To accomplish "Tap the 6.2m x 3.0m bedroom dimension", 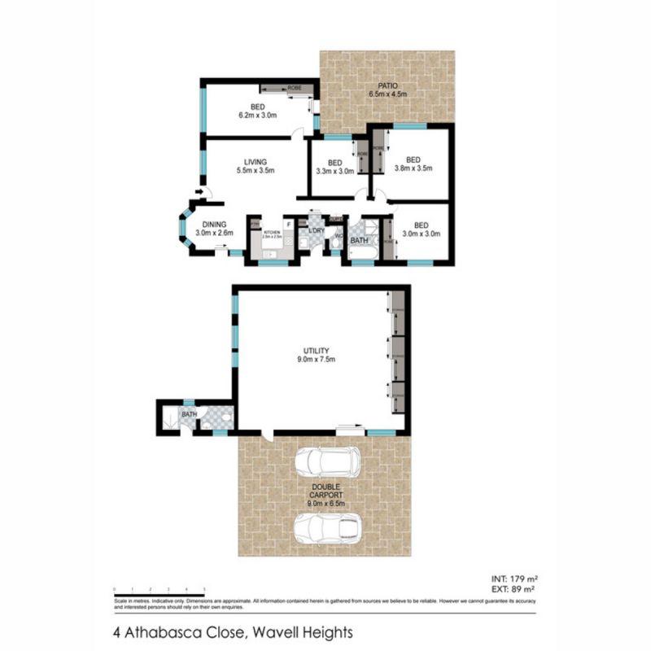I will (x=257, y=116).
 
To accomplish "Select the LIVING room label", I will (x=255, y=162).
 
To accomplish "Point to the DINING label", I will (x=215, y=224).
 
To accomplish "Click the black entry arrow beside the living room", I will (x=199, y=192).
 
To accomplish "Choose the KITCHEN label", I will (x=271, y=233).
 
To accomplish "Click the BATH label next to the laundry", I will (x=359, y=241).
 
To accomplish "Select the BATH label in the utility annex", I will (x=189, y=415).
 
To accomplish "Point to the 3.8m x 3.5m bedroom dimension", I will (x=413, y=169).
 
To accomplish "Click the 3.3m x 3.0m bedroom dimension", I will (x=334, y=171).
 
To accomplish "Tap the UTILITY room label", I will (x=320, y=351).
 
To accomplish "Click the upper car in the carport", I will (x=328, y=461).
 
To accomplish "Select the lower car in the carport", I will (x=328, y=528).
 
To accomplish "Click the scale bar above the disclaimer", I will (x=159, y=590).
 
